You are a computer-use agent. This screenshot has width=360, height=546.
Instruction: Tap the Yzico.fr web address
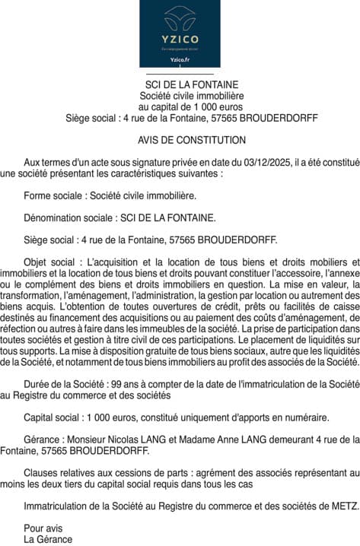tap(180, 58)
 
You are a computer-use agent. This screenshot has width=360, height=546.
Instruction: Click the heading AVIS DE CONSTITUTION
tap(192, 141)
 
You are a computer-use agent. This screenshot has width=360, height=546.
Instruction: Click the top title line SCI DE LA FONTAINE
tap(192, 84)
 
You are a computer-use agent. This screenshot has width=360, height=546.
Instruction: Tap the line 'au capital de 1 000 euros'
tap(192, 107)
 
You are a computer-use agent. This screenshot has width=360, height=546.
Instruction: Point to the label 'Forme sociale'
tap(52, 195)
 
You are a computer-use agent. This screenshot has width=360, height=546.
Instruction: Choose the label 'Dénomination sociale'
tap(68, 217)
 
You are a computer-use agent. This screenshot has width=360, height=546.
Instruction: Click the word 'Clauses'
tap(41, 473)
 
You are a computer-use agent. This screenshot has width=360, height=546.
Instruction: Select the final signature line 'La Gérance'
tap(48, 539)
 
